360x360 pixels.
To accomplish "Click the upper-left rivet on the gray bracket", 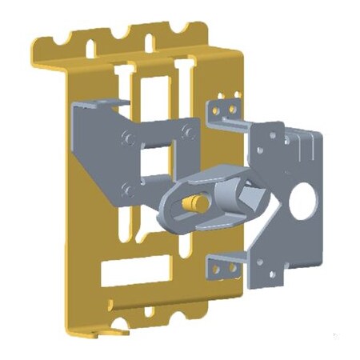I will click(x=126, y=137).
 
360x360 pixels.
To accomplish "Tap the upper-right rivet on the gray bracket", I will click(x=186, y=130).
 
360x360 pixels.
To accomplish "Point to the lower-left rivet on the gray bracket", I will click(x=126, y=190).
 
